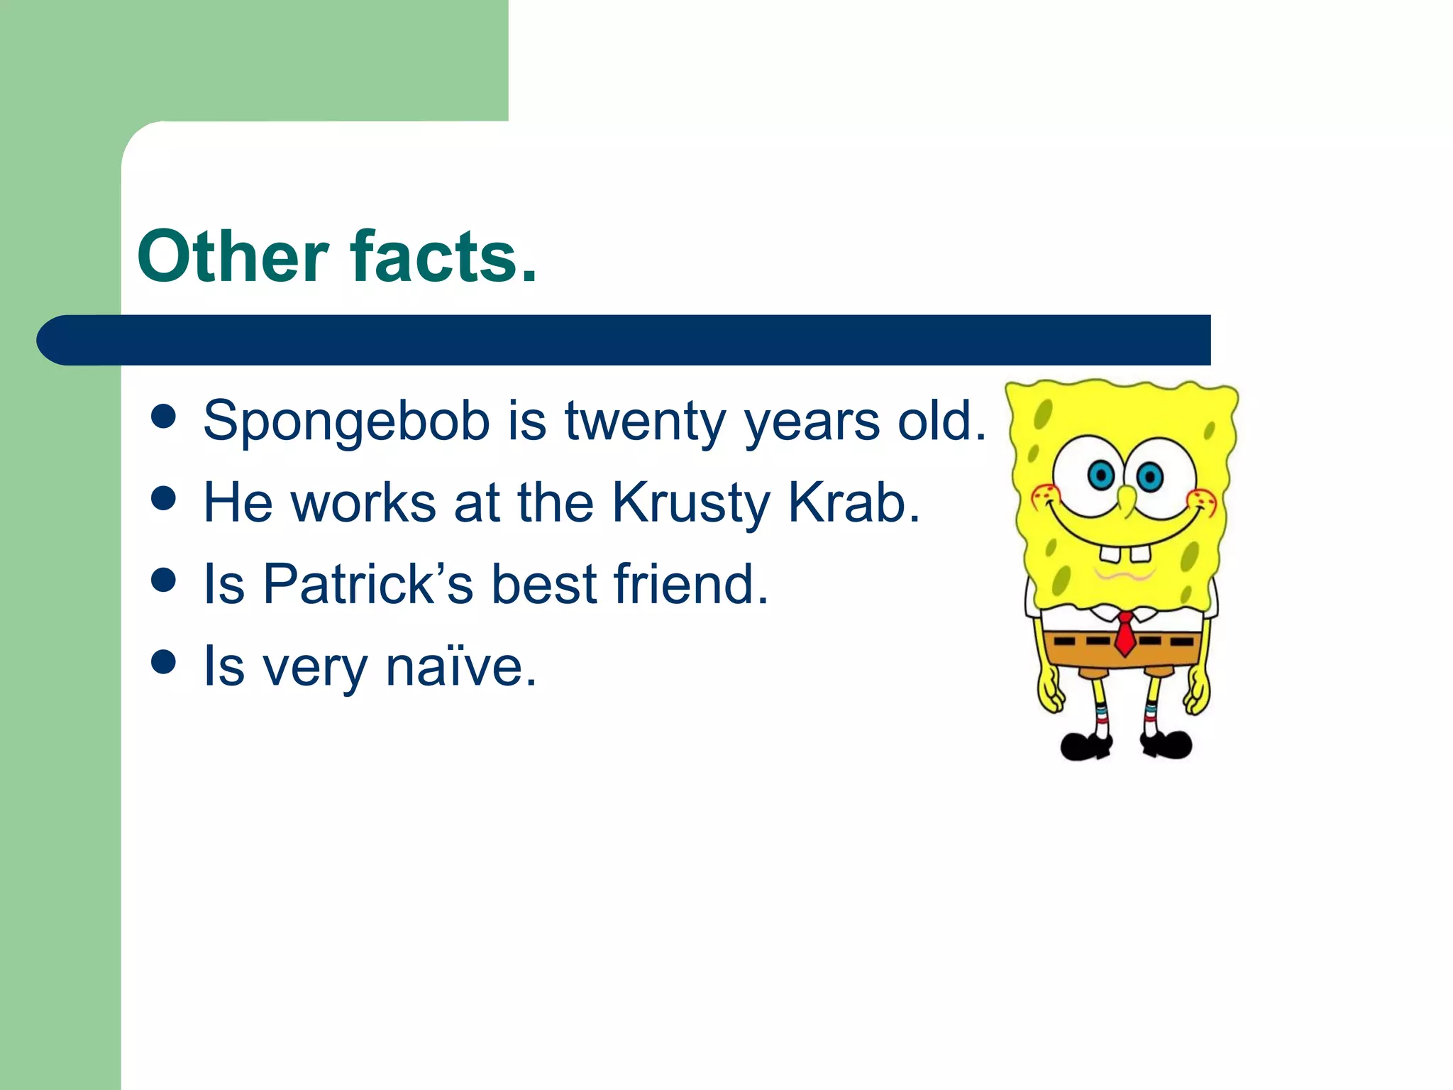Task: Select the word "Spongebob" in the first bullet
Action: pyautogui.click(x=346, y=421)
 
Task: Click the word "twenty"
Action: pyautogui.click(x=644, y=421)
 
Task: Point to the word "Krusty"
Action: pyautogui.click(x=690, y=503)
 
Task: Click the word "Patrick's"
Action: pyautogui.click(x=368, y=584)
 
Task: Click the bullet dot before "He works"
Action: pyautogui.click(x=163, y=498)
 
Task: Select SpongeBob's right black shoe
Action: pyautogui.click(x=1167, y=744)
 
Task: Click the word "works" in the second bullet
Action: pyautogui.click(x=363, y=503)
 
